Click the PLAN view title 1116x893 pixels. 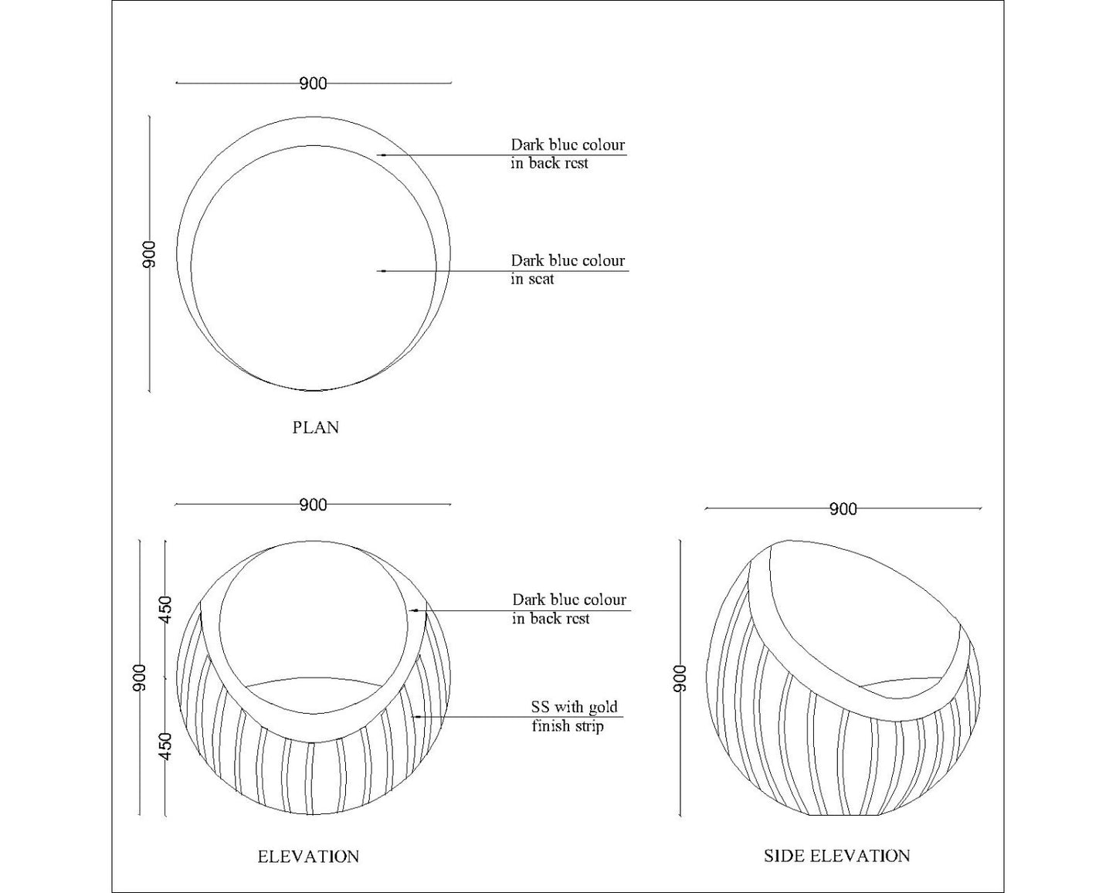pyautogui.click(x=315, y=427)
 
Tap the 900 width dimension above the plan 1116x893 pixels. pyautogui.click(x=313, y=83)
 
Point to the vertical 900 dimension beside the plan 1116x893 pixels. pyautogui.click(x=149, y=254)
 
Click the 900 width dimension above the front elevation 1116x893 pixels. pyautogui.click(x=313, y=505)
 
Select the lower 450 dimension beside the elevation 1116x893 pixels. pyautogui.click(x=165, y=745)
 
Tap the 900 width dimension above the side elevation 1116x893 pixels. pyautogui.click(x=843, y=509)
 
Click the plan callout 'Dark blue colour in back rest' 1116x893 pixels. pyautogui.click(x=567, y=154)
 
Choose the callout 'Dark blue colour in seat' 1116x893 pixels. pyautogui.click(x=567, y=270)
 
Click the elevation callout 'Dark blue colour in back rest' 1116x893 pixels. pyautogui.click(x=568, y=609)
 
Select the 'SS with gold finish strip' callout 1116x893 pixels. pyautogui.click(x=574, y=716)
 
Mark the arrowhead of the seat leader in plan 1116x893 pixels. pyautogui.click(x=380, y=271)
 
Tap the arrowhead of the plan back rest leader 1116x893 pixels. pyautogui.click(x=380, y=155)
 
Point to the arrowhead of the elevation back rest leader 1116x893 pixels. pyautogui.click(x=413, y=610)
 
